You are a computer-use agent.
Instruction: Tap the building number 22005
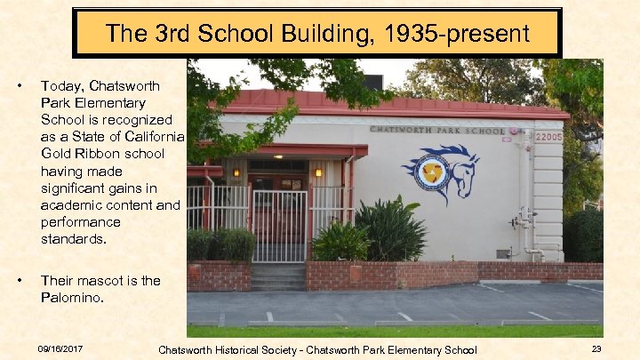pyautogui.click(x=548, y=137)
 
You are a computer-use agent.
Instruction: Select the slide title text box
pyautogui.click(x=317, y=34)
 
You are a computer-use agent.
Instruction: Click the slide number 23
pyautogui.click(x=596, y=349)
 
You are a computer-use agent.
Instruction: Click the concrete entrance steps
pyautogui.click(x=277, y=276)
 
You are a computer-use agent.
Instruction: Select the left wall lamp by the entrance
pyautogui.click(x=236, y=172)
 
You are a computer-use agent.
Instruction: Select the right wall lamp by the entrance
pyautogui.click(x=319, y=172)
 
